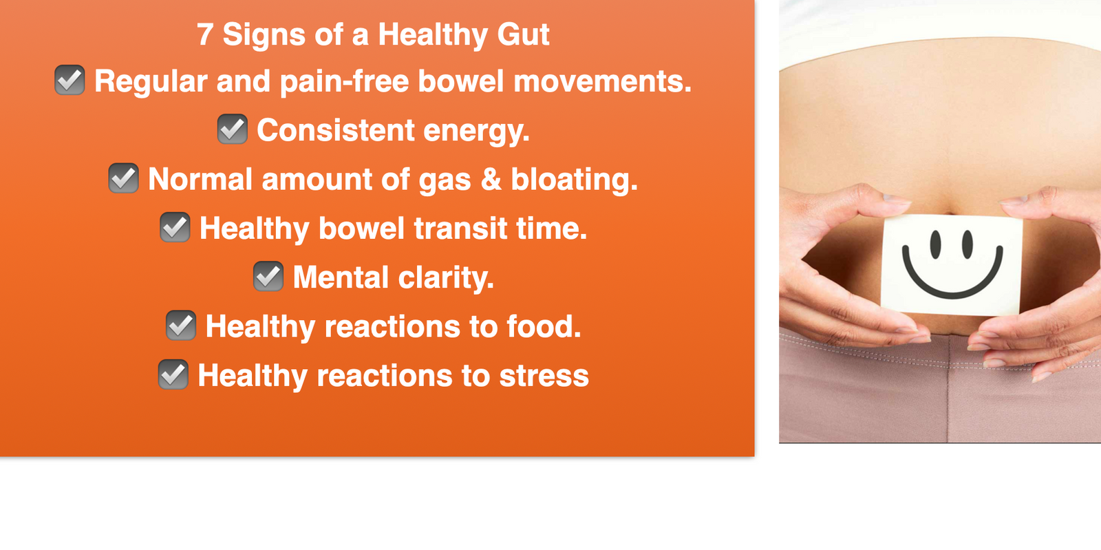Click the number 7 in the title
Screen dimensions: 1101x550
[x=205, y=34]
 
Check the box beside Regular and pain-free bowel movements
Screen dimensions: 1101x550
[x=70, y=80]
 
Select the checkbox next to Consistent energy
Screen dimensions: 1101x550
[x=233, y=129]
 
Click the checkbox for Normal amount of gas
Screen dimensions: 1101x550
[x=123, y=178]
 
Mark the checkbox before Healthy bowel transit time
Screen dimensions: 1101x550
[x=175, y=227]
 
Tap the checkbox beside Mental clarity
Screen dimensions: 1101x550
[x=268, y=276]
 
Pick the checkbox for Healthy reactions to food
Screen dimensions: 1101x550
[x=181, y=326]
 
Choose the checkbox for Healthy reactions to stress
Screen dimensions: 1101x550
[x=173, y=374]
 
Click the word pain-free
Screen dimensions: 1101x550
[x=344, y=82]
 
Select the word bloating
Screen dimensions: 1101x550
[x=574, y=180]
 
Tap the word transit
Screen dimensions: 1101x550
[x=460, y=229]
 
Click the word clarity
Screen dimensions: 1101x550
[x=446, y=278]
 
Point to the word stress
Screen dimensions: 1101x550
[x=544, y=377]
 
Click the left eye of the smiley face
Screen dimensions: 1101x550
[x=935, y=244]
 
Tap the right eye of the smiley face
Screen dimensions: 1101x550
[x=968, y=244]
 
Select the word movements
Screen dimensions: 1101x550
[x=603, y=82]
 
